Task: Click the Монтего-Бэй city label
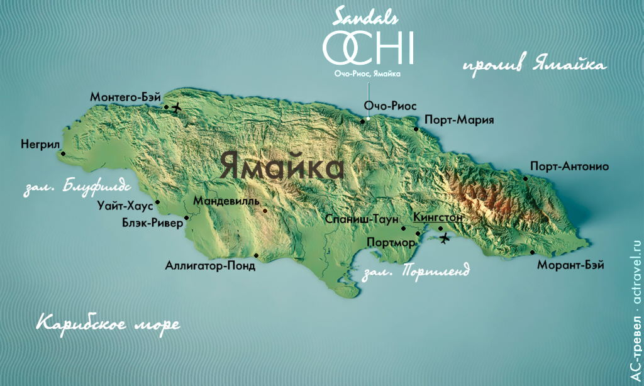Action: [125, 97]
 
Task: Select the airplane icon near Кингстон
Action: [445, 238]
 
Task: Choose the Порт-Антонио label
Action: [569, 167]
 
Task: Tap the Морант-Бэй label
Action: [570, 265]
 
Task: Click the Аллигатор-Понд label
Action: [210, 266]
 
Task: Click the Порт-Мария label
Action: [459, 119]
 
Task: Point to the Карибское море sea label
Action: [108, 324]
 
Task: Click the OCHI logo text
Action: [368, 48]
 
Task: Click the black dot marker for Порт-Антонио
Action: [525, 179]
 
